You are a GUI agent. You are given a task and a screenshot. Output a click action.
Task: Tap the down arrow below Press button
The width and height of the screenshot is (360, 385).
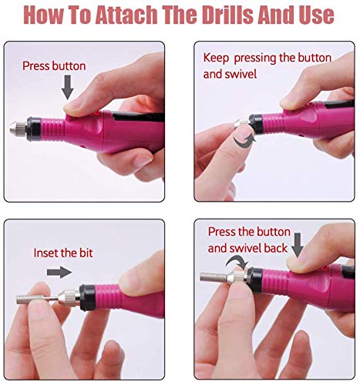pyautogui.click(x=68, y=89)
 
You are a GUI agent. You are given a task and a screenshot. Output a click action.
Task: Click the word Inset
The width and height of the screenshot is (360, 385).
pyautogui.click(x=47, y=252)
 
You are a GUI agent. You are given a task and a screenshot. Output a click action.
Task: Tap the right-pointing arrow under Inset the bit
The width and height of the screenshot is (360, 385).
pyautogui.click(x=59, y=272)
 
